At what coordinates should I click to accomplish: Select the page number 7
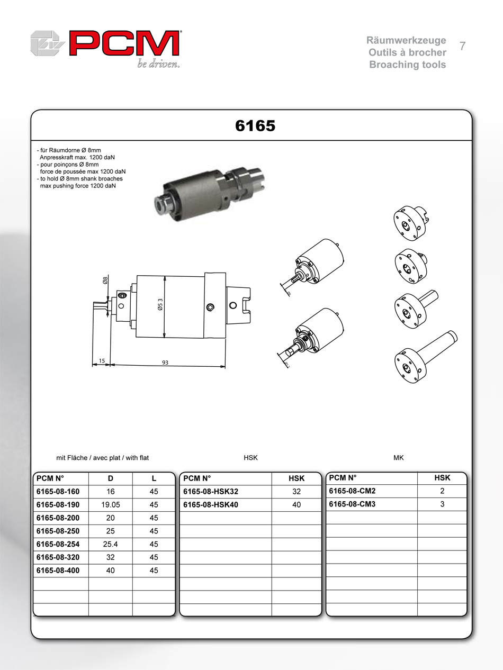click(x=462, y=46)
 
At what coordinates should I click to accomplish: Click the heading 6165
click(x=255, y=126)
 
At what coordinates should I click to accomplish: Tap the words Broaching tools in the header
click(x=407, y=65)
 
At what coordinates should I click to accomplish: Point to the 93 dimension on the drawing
click(x=166, y=362)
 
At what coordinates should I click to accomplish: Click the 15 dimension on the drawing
click(x=101, y=361)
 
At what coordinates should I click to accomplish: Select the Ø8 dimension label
click(x=105, y=282)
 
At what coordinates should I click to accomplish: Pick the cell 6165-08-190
click(x=58, y=505)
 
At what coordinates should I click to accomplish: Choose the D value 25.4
click(x=110, y=545)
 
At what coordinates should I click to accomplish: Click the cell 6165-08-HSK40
click(x=210, y=505)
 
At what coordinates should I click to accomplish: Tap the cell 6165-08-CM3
click(x=352, y=504)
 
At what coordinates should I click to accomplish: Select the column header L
click(x=154, y=478)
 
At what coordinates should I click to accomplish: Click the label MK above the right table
click(x=398, y=458)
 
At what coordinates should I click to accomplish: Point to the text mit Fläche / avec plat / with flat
click(x=106, y=458)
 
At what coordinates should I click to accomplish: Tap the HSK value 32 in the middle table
click(x=297, y=492)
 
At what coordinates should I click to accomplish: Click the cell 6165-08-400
click(x=58, y=571)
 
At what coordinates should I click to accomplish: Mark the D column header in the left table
click(x=110, y=478)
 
